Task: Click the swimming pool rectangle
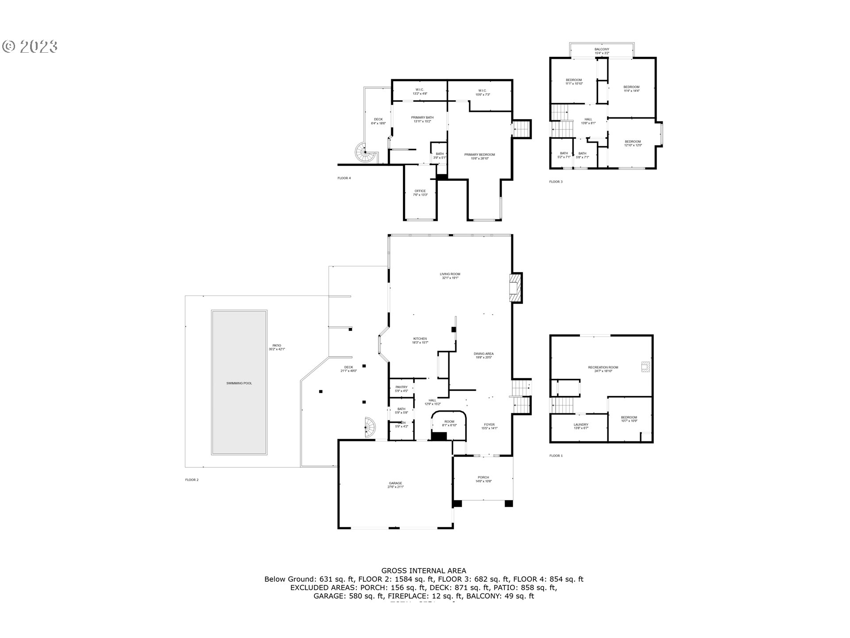239,382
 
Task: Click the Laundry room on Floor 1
581,426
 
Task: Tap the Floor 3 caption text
556,182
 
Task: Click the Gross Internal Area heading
424,571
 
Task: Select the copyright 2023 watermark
30,47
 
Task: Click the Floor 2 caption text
192,479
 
